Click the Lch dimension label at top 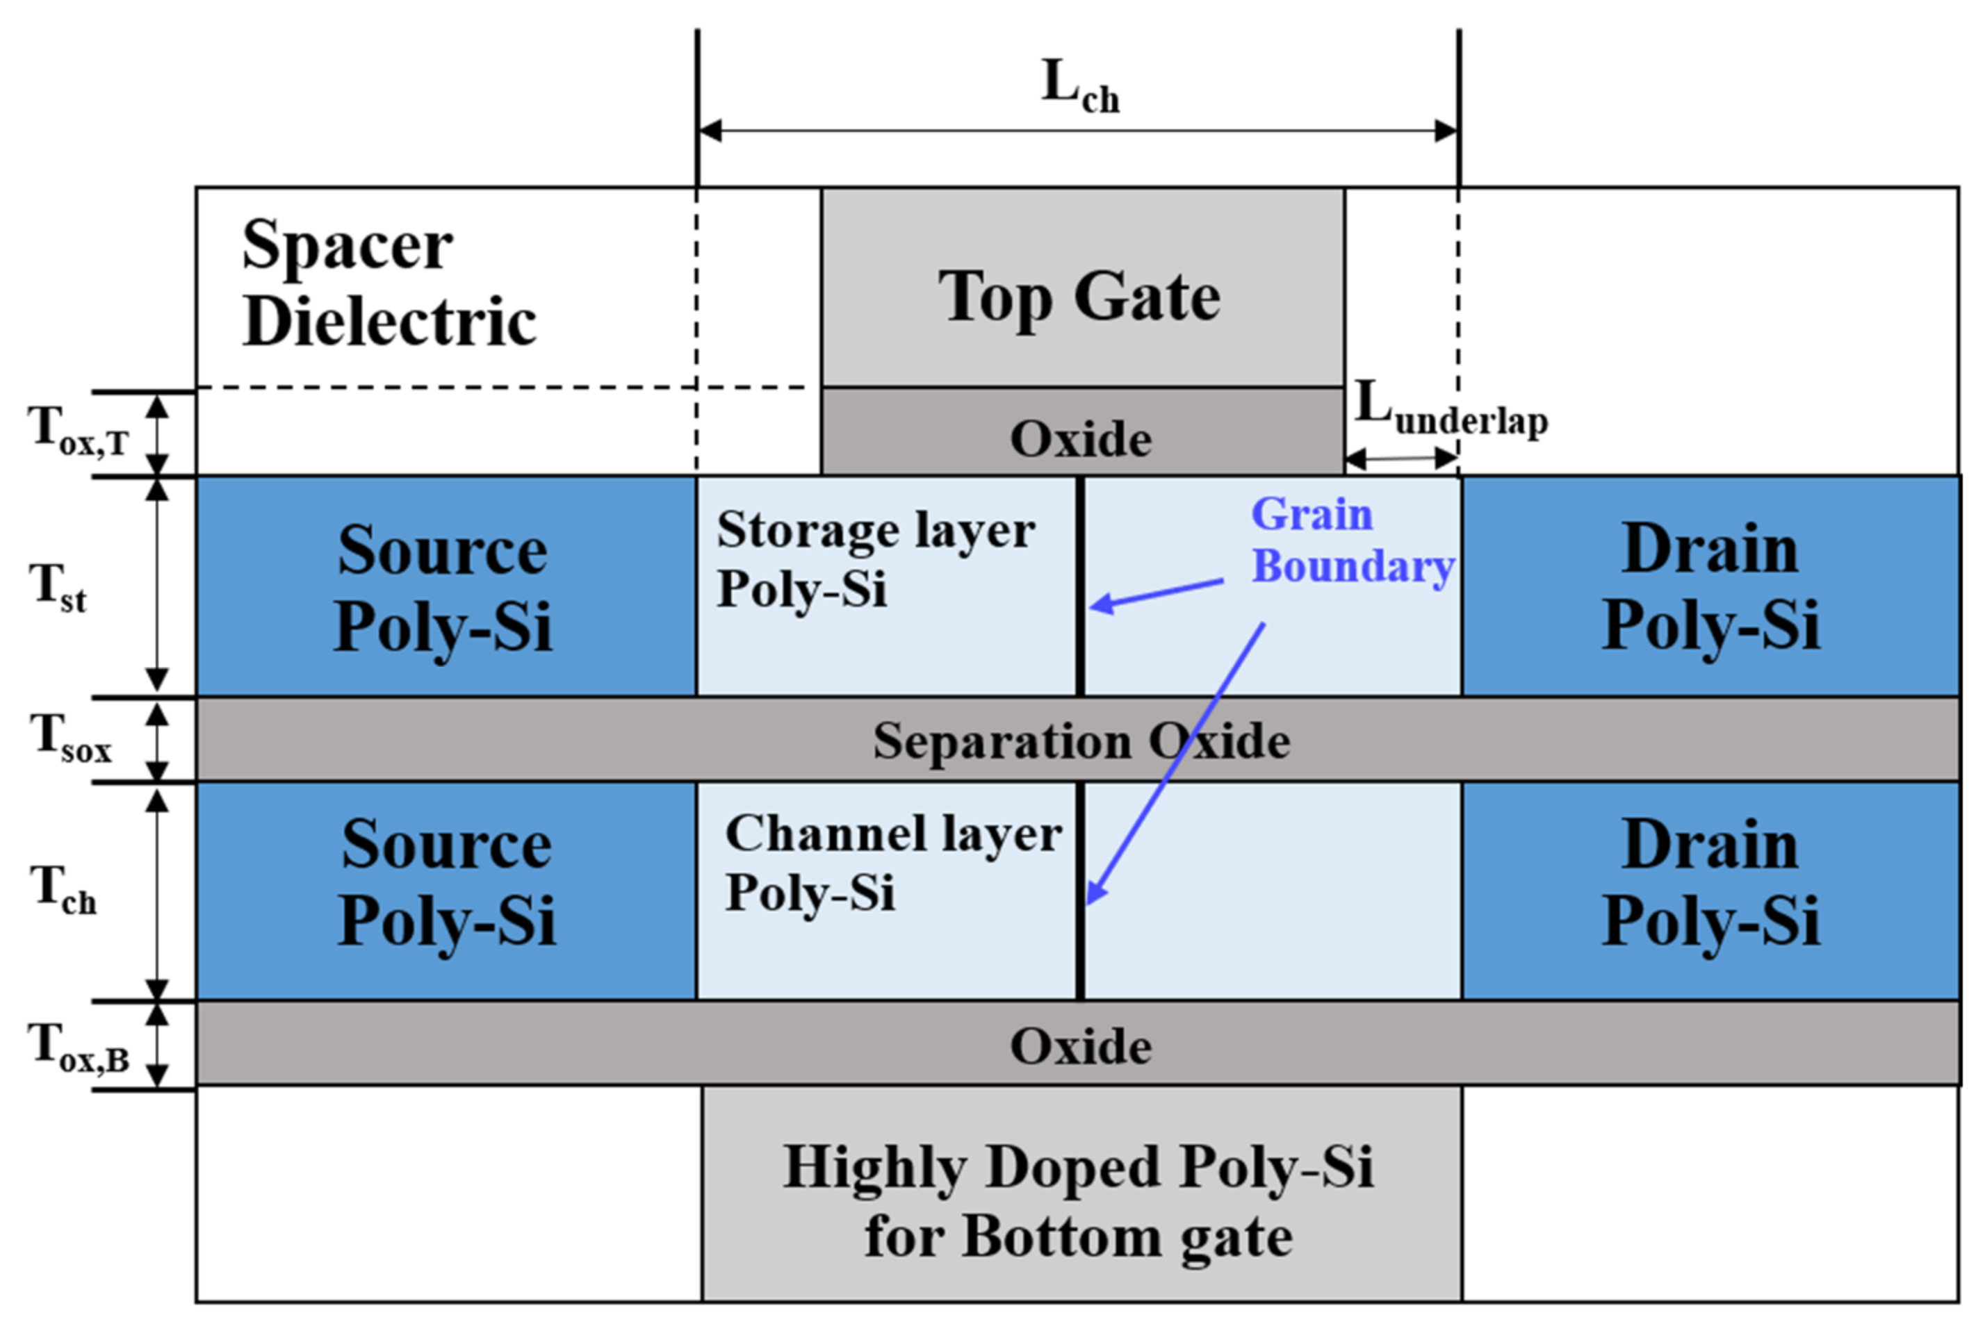[x=1079, y=88]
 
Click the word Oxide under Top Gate [x=1080, y=439]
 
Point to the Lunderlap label [x=1450, y=410]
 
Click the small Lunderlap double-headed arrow [x=1401, y=459]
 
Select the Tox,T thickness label [x=78, y=431]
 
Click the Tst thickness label [x=58, y=588]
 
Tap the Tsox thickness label [x=70, y=738]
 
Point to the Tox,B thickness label [x=78, y=1048]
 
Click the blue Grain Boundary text [x=1352, y=540]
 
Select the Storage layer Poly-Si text [x=874, y=558]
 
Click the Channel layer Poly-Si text [x=892, y=861]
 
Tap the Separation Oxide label [x=1081, y=741]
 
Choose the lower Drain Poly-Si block [x=1710, y=883]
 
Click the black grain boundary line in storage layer [x=1080, y=586]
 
